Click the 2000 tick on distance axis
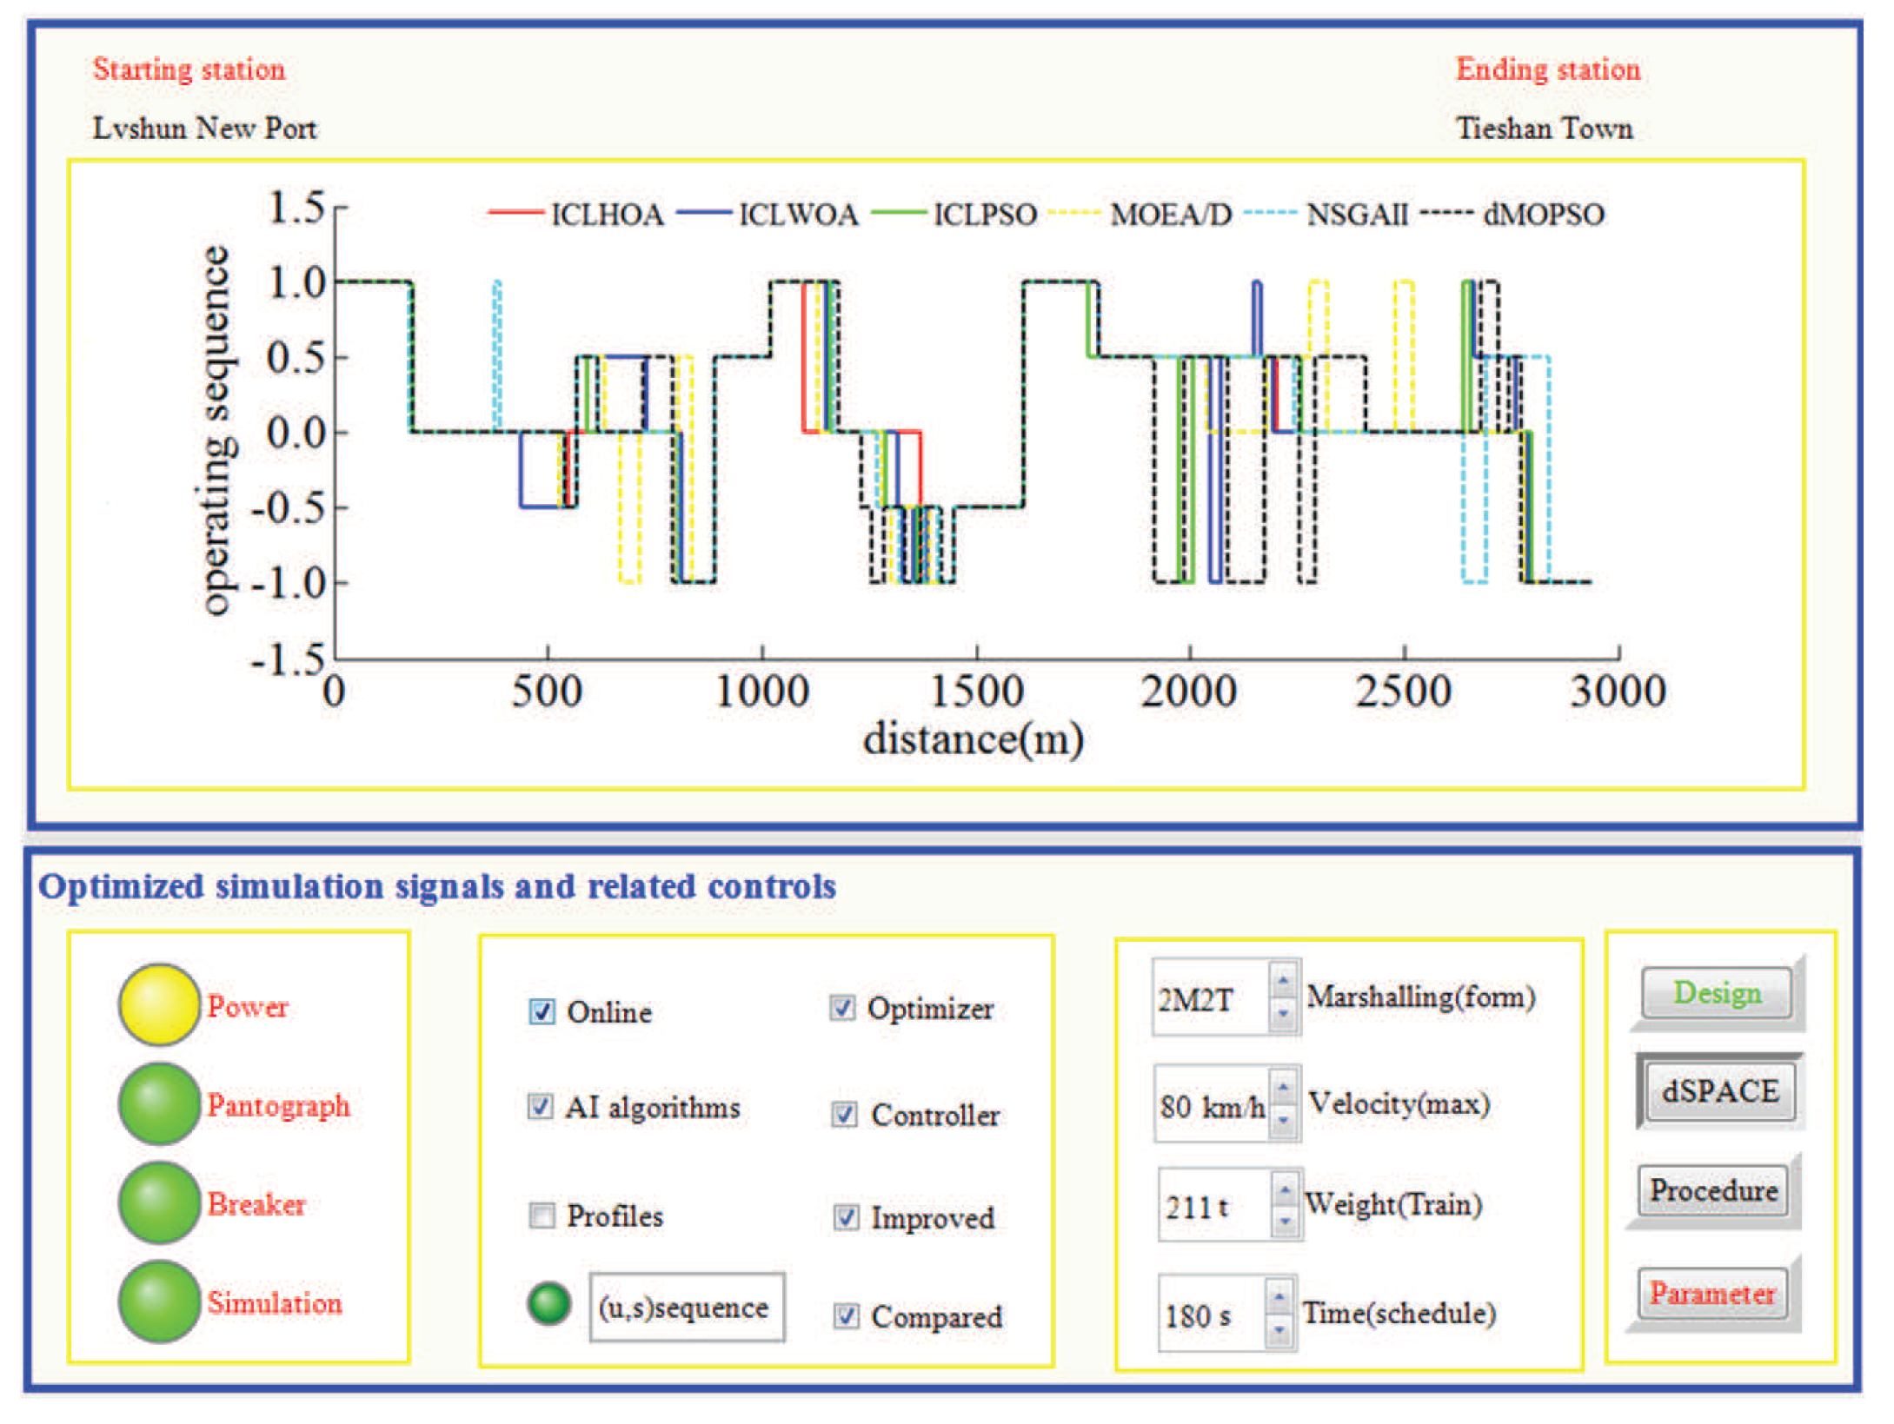pyautogui.click(x=1188, y=692)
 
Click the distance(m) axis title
pyautogui.click(x=973, y=739)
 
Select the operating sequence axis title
pyautogui.click(x=215, y=431)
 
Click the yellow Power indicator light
pyautogui.click(x=159, y=1005)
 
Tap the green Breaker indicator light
pyautogui.click(x=159, y=1203)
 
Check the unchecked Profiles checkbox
pyautogui.click(x=542, y=1215)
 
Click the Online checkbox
pyautogui.click(x=542, y=1011)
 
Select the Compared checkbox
pyautogui.click(x=846, y=1316)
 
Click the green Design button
pyautogui.click(x=1717, y=992)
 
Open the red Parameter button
pyautogui.click(x=1712, y=1294)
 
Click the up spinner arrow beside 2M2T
pyautogui.click(x=1283, y=981)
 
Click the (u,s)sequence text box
pyautogui.click(x=686, y=1308)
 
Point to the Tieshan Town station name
pyautogui.click(x=1544, y=129)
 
